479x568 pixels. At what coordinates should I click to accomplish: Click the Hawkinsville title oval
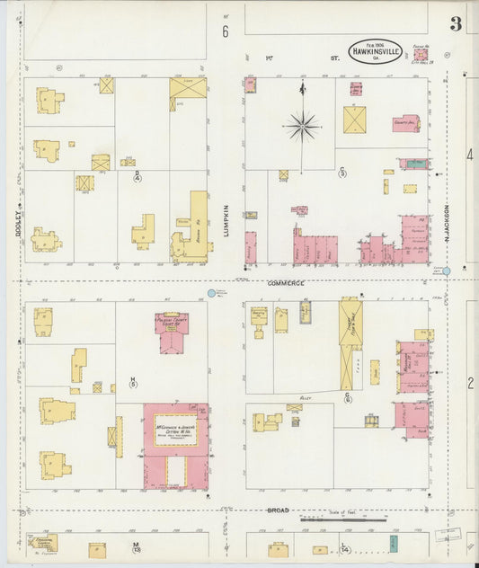coord(375,50)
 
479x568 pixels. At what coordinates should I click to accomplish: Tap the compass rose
coord(302,125)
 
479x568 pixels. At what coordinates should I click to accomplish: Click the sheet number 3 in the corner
coord(456,24)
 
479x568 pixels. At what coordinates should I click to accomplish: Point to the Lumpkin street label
coord(226,221)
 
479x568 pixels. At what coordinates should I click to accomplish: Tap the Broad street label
coord(277,511)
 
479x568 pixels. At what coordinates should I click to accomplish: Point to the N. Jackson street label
coord(446,224)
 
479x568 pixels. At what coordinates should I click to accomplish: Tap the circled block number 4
coord(137,178)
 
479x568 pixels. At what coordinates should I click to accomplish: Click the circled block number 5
coord(133,384)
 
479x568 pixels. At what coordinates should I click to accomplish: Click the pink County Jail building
coord(405,122)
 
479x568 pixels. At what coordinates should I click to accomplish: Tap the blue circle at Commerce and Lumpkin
coord(211,293)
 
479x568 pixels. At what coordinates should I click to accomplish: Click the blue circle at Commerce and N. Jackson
coord(446,271)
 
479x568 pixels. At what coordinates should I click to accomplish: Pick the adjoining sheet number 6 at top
coord(226,31)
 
